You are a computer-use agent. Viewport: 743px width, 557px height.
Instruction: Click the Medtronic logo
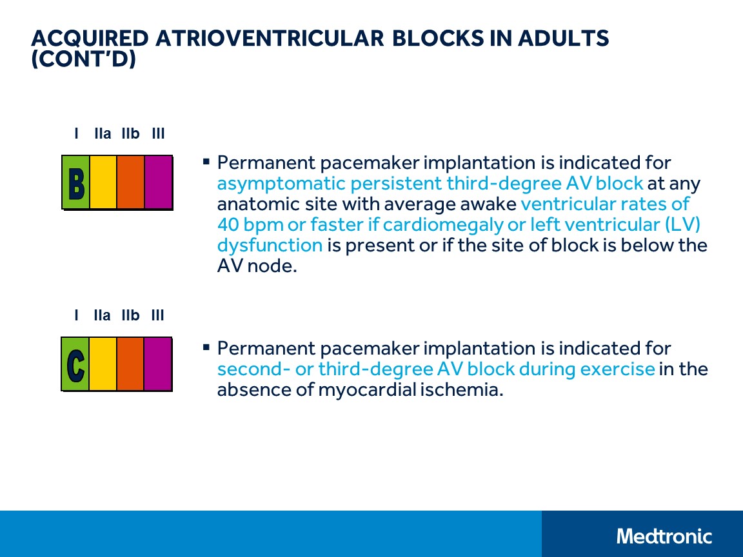664,536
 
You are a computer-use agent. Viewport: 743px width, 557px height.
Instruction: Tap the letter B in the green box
76,183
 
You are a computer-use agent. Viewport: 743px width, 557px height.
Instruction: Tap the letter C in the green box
75,364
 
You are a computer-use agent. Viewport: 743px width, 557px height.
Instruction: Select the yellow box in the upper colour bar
103,182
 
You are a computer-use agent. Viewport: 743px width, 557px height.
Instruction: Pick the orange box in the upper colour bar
130,182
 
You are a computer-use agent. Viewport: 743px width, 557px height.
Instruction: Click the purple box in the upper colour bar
158,182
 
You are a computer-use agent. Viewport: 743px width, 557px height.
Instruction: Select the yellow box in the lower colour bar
103,364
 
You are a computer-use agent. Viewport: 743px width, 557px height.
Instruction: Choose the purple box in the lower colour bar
157,364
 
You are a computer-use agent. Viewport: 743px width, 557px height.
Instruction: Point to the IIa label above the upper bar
103,134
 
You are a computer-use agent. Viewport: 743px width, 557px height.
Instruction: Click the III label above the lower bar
157,315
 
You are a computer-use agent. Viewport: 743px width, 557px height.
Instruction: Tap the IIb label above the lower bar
130,315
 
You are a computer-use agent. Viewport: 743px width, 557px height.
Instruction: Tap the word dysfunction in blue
270,246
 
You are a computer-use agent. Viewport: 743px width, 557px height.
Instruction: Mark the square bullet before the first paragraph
206,161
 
